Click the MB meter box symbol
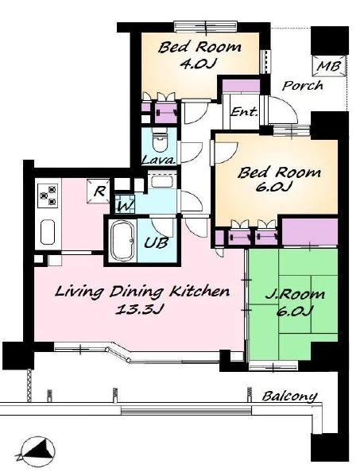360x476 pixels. coord(330,66)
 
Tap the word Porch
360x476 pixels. coord(302,86)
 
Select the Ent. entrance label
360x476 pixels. coord(244,112)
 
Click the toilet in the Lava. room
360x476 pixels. coord(160,141)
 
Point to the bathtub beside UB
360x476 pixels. coord(122,240)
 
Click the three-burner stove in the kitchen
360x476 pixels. coord(48,195)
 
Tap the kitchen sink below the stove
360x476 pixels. coord(48,231)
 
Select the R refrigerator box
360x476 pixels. coord(99,191)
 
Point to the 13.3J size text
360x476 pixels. coord(140,310)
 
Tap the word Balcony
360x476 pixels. coord(289,397)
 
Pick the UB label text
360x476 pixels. coord(156,243)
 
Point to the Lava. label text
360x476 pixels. coord(159,160)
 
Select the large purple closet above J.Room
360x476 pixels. coord(310,231)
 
